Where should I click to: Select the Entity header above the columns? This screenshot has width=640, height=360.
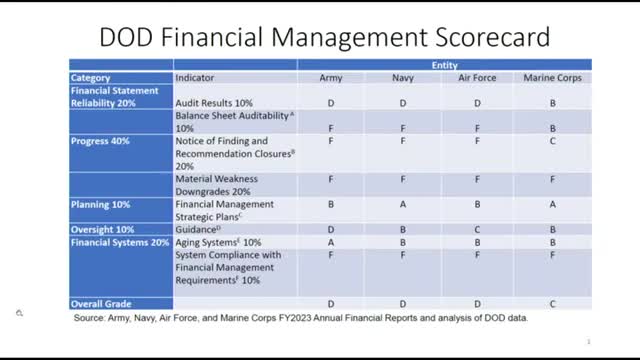pos(444,64)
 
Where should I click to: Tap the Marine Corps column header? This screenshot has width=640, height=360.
pos(552,77)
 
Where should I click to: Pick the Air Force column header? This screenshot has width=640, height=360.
pos(477,77)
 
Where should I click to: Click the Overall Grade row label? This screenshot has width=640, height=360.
pos(101,302)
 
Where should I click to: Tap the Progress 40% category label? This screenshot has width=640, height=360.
pos(97,141)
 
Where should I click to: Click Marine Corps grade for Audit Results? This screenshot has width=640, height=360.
pos(552,103)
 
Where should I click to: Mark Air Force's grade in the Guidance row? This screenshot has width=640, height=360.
pos(477,229)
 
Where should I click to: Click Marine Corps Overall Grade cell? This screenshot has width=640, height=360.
pos(552,302)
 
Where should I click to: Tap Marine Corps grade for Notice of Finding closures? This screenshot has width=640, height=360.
pos(552,141)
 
